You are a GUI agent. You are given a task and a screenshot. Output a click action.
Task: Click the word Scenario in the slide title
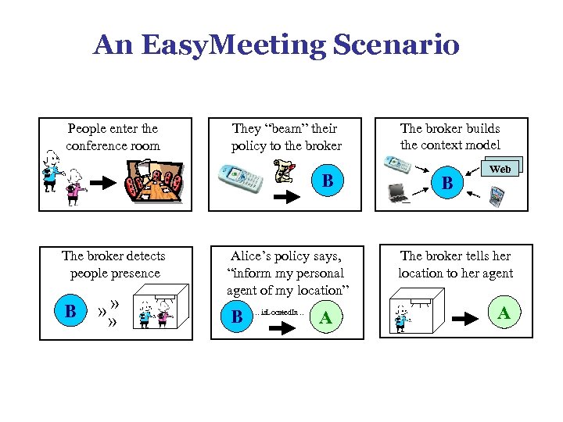(x=396, y=45)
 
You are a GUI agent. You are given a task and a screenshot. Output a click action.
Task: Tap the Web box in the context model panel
(x=500, y=169)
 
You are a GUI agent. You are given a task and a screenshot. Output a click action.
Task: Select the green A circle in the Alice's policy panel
(x=325, y=317)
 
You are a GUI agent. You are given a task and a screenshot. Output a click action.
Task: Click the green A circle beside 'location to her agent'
(x=504, y=313)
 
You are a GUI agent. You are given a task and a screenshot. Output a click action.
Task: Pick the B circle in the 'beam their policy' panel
(x=328, y=181)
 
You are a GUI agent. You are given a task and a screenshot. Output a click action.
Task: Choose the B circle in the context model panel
(x=447, y=184)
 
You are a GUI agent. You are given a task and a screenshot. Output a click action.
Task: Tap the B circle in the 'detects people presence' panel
(x=70, y=312)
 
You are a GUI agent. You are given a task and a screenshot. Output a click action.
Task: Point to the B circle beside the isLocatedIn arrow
(x=237, y=317)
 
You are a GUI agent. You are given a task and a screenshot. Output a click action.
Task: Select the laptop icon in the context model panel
(x=399, y=191)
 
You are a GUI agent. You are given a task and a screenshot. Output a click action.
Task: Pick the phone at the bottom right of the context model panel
(x=496, y=196)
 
